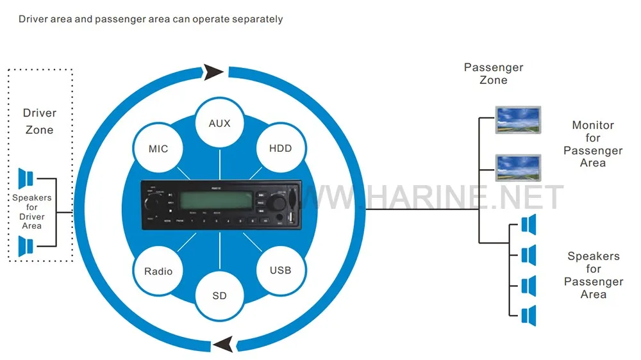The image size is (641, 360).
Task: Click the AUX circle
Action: tap(219, 123)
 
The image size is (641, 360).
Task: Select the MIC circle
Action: tap(158, 149)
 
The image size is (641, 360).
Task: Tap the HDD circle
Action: tap(280, 148)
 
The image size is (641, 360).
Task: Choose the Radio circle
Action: tap(158, 271)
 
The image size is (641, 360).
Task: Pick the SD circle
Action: tap(219, 296)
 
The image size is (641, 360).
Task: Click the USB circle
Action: tap(280, 270)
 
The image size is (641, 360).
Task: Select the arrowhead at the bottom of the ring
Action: tap(224, 345)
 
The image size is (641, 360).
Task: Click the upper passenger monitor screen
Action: tap(519, 119)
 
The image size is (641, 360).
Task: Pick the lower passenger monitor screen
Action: tap(519, 167)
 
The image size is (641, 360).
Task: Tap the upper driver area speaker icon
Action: tap(26, 177)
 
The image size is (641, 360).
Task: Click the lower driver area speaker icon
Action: tap(26, 246)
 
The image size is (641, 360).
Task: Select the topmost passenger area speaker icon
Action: tap(528, 225)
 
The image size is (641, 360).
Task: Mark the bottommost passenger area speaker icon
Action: tap(528, 315)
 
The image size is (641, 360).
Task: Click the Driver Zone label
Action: tap(40, 121)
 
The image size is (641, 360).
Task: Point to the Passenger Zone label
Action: tap(494, 74)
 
